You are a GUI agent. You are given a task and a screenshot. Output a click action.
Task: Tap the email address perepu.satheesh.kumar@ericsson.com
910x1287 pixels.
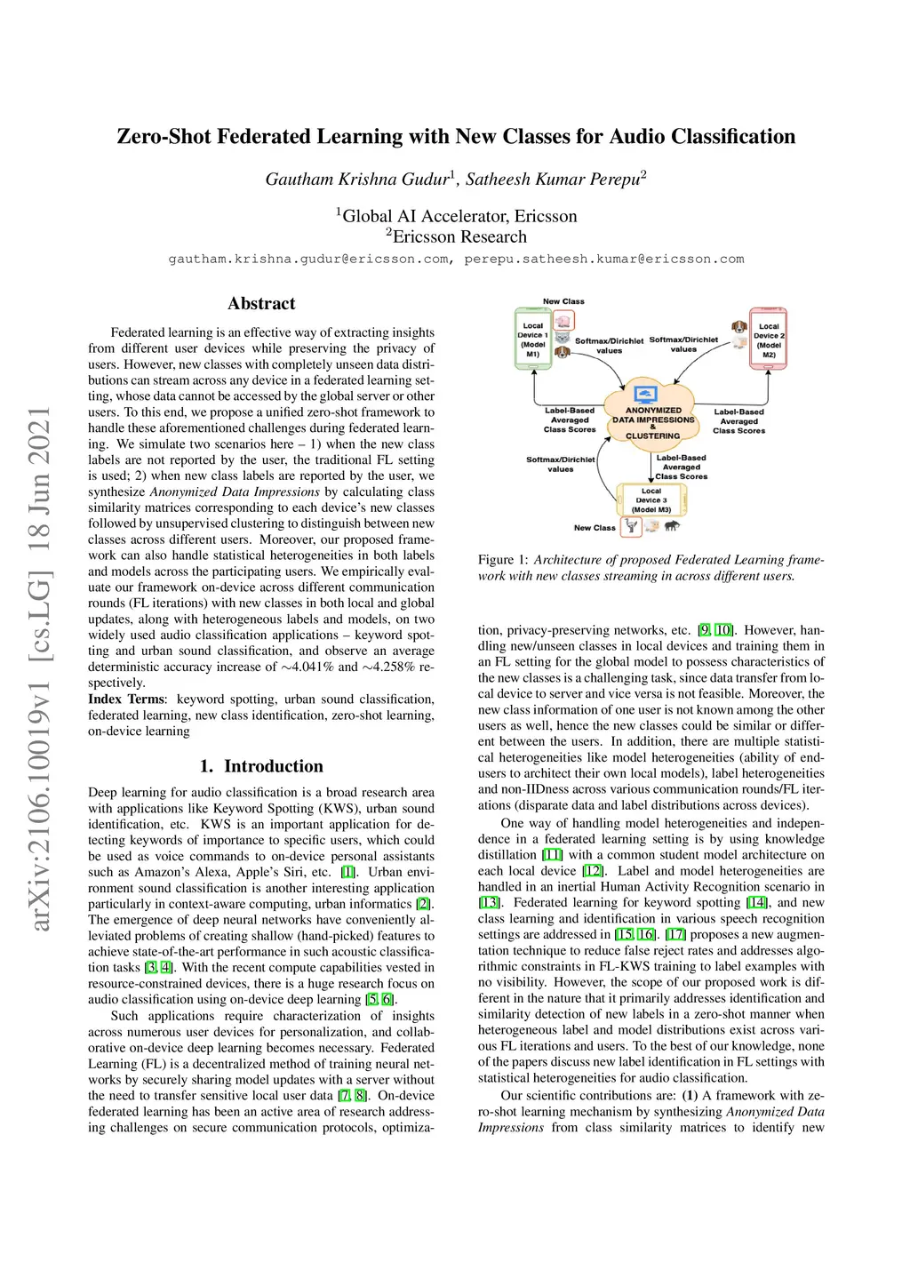603,260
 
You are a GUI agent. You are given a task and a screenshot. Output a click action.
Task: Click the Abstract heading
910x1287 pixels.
261,304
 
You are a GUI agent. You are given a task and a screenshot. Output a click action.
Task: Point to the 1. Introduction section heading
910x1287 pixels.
261,766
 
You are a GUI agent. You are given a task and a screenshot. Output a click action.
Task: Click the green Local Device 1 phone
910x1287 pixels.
532,339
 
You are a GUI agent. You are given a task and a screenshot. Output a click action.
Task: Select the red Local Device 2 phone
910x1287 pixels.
769,339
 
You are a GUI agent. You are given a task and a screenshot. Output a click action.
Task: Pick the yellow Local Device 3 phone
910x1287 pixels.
651,500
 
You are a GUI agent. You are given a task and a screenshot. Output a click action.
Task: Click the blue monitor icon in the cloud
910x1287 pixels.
647,395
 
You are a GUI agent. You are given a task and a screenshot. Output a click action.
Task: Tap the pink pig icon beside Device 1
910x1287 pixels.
563,321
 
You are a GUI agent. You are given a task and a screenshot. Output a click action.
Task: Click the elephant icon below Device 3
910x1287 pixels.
672,526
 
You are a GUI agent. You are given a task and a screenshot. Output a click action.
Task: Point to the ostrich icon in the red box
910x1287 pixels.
631,526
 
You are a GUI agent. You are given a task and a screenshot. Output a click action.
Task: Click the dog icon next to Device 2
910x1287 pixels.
739,327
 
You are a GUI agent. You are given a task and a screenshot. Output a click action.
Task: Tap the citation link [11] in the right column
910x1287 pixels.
553,855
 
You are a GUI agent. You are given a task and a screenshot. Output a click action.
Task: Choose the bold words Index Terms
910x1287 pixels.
126,699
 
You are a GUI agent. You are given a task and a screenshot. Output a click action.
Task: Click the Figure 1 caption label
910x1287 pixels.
504,560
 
